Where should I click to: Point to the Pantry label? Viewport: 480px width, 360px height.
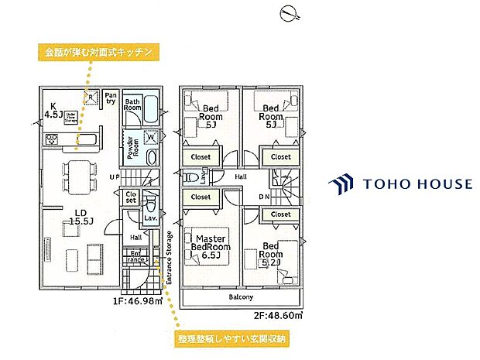(x=111, y=97)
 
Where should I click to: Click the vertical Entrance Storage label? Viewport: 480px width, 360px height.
(x=169, y=262)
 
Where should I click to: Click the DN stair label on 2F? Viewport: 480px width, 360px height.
(x=265, y=197)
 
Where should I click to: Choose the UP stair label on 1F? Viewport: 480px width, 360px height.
(x=115, y=177)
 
